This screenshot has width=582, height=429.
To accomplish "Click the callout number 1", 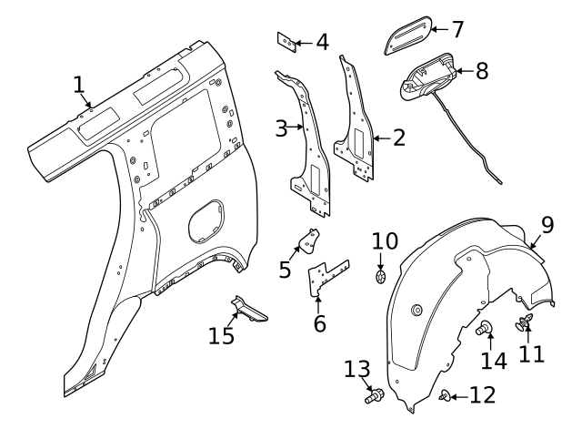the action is [x=79, y=85].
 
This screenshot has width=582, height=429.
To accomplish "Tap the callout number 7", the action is [x=457, y=29].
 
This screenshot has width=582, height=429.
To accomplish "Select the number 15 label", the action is [x=221, y=336].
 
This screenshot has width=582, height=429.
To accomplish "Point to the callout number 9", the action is [x=547, y=225].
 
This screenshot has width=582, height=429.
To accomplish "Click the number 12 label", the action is [x=483, y=394].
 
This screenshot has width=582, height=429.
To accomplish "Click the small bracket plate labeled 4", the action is [x=287, y=43].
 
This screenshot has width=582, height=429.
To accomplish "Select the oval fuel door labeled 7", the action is [x=408, y=36].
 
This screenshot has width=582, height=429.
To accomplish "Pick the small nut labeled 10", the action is [x=380, y=277].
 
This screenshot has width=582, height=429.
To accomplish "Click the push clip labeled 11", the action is [x=524, y=322].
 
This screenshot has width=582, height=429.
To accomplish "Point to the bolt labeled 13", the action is [x=374, y=395].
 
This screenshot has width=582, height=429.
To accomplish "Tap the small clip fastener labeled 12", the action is [x=445, y=395].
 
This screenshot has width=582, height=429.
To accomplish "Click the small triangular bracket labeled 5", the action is [x=309, y=241].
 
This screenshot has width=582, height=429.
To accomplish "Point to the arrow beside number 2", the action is [x=382, y=138].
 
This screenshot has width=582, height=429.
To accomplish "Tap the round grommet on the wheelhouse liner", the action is [x=417, y=310].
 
